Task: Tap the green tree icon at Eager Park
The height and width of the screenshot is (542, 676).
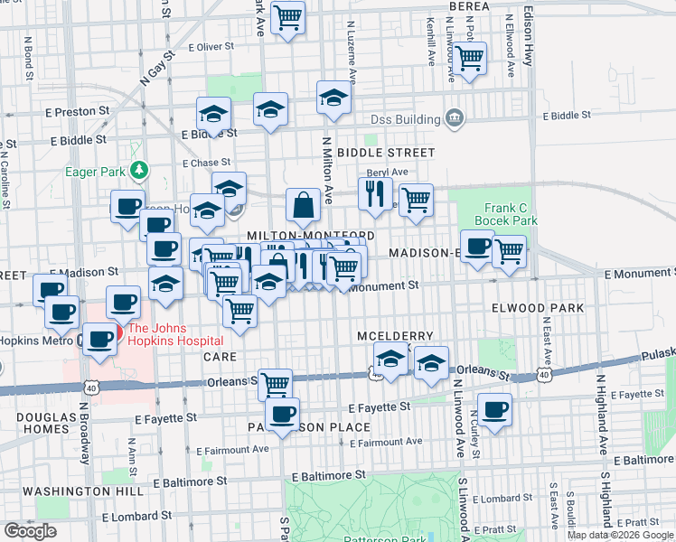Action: [x=138, y=169]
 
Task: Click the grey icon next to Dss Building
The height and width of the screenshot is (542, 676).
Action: [x=455, y=118]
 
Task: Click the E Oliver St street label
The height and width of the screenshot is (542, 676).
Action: [x=211, y=45]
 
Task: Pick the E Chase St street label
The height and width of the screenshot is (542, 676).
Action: [x=206, y=164]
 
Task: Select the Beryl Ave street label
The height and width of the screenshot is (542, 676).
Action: [x=387, y=172]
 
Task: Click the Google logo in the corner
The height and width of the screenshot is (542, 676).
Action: [x=30, y=531]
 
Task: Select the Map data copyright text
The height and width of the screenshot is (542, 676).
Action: [x=620, y=535]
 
